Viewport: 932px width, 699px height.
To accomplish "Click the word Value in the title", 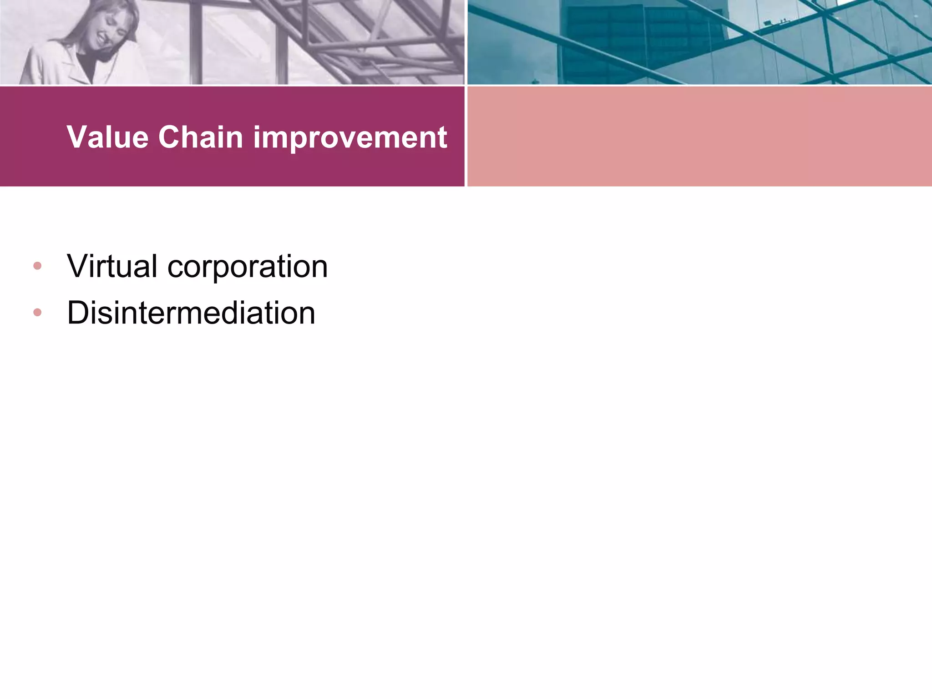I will pos(107,137).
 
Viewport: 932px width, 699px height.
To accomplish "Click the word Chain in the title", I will pos(201,137).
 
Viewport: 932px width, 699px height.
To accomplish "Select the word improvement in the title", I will pos(350,138).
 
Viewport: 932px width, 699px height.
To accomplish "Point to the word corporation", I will pos(248,267).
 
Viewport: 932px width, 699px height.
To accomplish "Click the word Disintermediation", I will pos(191,313).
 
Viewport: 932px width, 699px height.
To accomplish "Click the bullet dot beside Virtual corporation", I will pos(37,266).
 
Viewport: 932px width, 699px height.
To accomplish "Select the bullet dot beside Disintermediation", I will pos(37,313).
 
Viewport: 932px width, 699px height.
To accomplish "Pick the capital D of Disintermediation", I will pos(77,313).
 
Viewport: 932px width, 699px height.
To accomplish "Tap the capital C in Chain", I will pos(170,137).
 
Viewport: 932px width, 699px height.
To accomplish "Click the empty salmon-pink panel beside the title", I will pos(699,137).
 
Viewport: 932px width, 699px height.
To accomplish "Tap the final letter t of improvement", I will pos(442,138).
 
